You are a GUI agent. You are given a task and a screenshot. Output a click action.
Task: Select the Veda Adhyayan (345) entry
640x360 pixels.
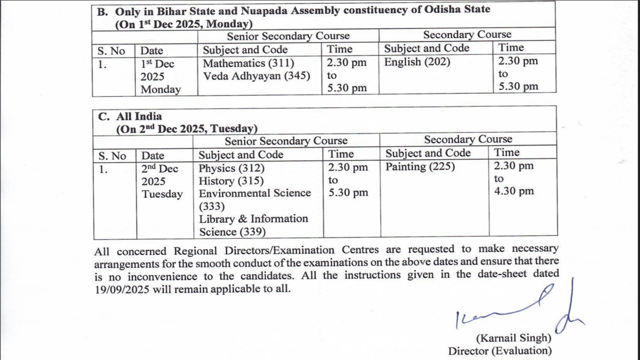(x=257, y=76)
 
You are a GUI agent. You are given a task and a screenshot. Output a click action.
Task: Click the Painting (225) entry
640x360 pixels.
(x=420, y=167)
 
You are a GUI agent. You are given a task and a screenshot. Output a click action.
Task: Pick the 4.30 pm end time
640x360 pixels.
(x=514, y=191)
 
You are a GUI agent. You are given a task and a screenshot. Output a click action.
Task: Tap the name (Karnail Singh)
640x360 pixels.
(x=514, y=338)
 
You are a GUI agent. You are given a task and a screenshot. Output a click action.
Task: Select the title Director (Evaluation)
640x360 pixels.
(x=500, y=350)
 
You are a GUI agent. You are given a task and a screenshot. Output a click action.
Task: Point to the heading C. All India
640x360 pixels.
(x=130, y=116)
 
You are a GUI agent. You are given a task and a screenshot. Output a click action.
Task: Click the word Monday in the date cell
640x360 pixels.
(x=160, y=89)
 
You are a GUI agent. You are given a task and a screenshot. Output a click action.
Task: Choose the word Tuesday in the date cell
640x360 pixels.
(x=162, y=194)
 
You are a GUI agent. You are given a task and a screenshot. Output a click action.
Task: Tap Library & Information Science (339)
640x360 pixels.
(x=253, y=225)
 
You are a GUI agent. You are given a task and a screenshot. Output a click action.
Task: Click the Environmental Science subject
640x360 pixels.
(x=254, y=193)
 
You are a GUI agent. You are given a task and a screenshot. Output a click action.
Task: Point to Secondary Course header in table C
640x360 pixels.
(x=468, y=140)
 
